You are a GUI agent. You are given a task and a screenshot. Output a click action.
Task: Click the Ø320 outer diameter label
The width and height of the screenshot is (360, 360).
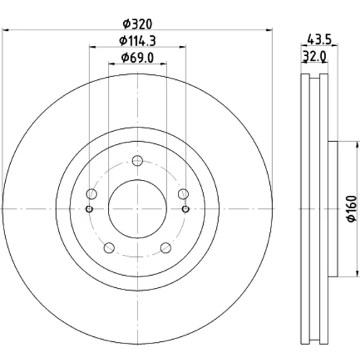tap(138, 24)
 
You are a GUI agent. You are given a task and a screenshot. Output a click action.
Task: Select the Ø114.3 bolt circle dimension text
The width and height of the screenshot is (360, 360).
tap(138, 41)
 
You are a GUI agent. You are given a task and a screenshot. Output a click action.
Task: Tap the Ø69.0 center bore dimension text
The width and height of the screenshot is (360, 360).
tap(138, 58)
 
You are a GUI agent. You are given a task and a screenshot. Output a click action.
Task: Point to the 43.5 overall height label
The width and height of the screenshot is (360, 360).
tap(319, 39)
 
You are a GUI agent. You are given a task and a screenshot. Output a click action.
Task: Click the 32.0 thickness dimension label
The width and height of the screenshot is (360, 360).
tap(314, 57)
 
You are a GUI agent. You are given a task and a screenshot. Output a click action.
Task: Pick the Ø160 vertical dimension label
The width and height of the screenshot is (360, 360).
tap(352, 209)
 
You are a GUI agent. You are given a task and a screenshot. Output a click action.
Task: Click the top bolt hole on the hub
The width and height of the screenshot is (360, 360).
tap(138, 161)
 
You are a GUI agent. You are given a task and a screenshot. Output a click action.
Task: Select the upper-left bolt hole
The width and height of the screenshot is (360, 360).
tap(91, 194)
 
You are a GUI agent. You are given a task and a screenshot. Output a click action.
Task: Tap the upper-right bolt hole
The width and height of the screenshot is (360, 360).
tap(184, 194)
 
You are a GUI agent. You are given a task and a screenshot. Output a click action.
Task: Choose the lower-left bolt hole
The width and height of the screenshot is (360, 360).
tap(109, 248)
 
